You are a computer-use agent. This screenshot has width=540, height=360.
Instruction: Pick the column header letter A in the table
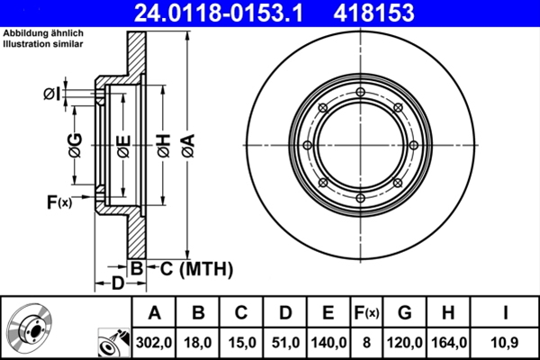click(154, 312)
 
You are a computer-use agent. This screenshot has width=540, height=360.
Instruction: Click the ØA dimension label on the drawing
click(187, 145)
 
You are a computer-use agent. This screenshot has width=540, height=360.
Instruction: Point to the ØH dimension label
click(163, 145)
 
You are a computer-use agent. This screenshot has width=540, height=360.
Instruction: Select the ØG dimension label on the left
click(75, 143)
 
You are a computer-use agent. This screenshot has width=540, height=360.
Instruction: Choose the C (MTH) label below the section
click(192, 268)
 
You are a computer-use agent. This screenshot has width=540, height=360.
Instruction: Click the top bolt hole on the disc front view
click(360, 93)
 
